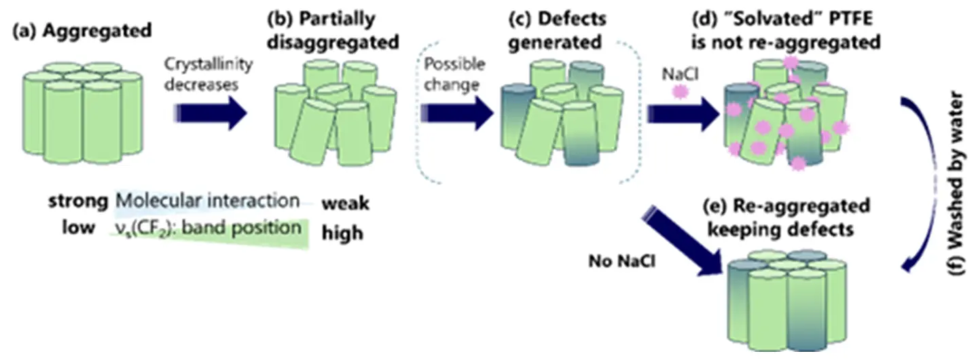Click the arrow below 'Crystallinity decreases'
(211, 112)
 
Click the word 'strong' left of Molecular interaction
(77, 202)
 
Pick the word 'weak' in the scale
(345, 204)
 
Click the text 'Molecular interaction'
(207, 201)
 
